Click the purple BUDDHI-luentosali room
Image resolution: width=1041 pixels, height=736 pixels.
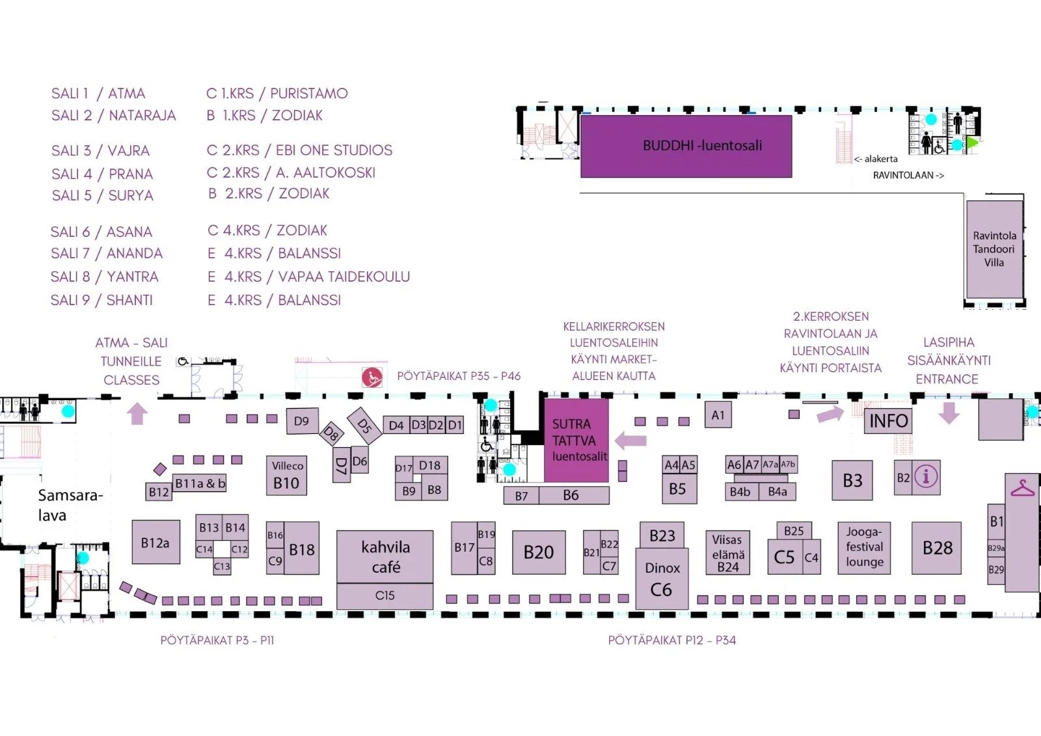(686, 146)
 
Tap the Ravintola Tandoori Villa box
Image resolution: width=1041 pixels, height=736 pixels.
(994, 249)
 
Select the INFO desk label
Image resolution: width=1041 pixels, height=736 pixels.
(888, 421)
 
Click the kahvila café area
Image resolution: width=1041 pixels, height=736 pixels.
(385, 556)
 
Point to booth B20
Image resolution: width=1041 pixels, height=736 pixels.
(539, 552)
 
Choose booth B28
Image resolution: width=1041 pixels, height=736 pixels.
(937, 549)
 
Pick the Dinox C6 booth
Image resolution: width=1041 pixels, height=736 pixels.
(662, 579)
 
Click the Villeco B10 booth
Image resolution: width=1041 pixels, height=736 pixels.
(286, 476)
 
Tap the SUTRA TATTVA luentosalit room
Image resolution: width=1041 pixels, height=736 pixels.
(576, 441)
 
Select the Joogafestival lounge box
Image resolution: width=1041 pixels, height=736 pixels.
(864, 547)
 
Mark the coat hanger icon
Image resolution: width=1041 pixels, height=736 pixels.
(1022, 487)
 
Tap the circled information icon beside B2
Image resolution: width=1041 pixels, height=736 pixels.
(926, 477)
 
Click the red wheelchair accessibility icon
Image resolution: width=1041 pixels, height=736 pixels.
(372, 377)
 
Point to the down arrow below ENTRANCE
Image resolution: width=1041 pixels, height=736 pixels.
(949, 413)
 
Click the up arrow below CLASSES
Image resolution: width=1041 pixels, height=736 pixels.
(137, 413)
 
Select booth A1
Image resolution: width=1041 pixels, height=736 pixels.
(718, 415)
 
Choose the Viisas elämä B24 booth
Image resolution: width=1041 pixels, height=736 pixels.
(727, 553)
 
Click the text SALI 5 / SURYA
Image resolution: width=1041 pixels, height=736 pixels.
(102, 196)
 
